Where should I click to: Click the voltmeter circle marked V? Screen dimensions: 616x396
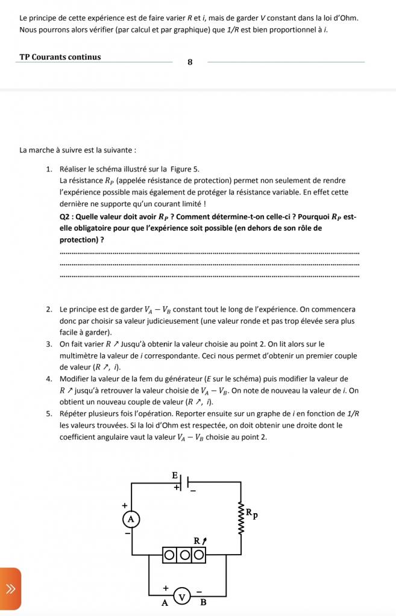[x=181, y=597]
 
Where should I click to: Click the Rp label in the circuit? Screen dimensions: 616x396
[x=251, y=513]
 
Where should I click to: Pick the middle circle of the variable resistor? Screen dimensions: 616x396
[x=184, y=553]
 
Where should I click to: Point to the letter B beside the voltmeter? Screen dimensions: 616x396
[x=203, y=602]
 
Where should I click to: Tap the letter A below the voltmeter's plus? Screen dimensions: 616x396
[x=164, y=603]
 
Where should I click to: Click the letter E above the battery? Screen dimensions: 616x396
[x=175, y=475]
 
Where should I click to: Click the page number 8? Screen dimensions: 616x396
[x=190, y=62]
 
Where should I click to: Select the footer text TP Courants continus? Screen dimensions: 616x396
[x=60, y=57]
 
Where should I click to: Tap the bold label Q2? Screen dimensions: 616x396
[x=66, y=217]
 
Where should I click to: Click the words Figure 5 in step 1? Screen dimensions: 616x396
[x=185, y=169]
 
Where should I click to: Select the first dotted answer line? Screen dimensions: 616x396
[x=210, y=253]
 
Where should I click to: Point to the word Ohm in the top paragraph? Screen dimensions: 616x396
[x=348, y=17]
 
